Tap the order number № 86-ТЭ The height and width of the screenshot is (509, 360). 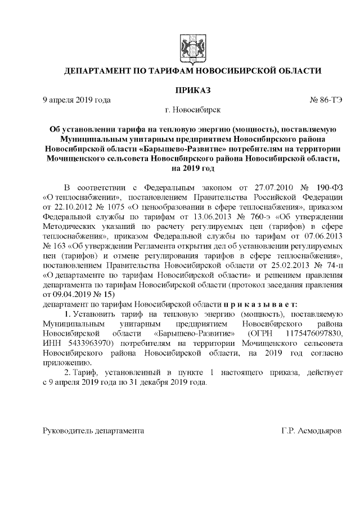(326, 100)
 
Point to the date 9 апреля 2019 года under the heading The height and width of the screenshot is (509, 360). (77, 100)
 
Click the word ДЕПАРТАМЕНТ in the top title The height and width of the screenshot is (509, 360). (97, 71)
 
